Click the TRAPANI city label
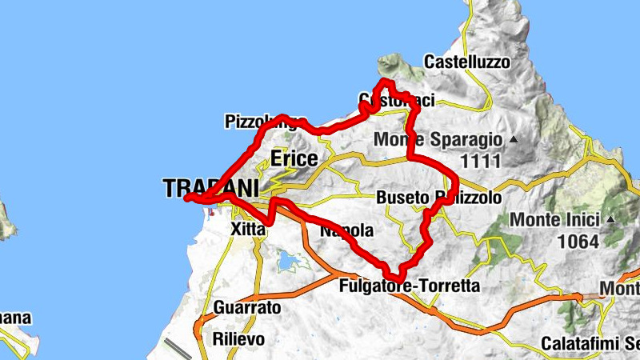(211, 189)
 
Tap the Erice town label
(294, 158)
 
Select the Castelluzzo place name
(466, 62)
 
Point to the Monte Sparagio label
(438, 140)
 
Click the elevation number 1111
(480, 161)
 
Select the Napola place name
(346, 231)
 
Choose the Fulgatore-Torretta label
(410, 286)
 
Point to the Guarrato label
(247, 308)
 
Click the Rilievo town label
(238, 338)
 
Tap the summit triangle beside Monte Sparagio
(514, 140)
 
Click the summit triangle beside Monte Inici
(610, 218)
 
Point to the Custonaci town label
(397, 100)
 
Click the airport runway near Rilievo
(178, 348)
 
